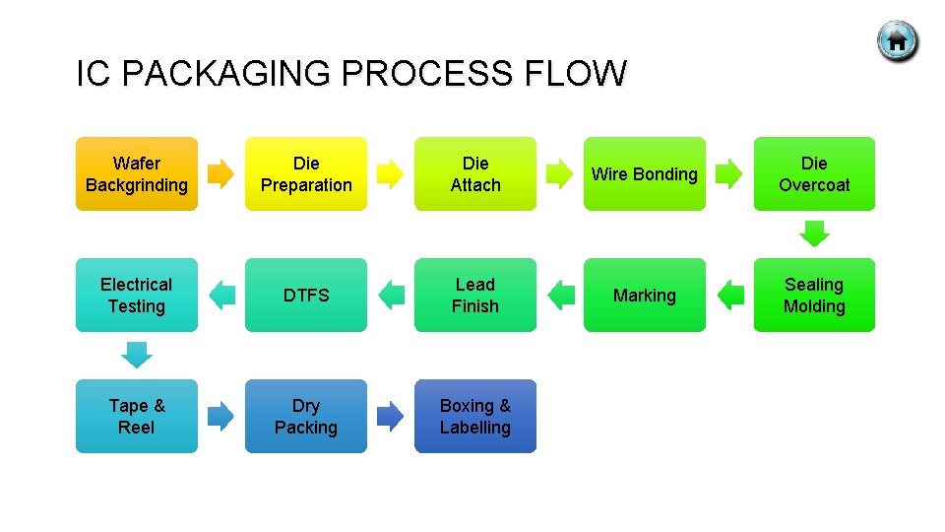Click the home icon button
coord(897,41)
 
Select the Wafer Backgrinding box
coord(137,173)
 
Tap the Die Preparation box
coord(306,173)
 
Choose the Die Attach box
coord(475,173)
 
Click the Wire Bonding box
coord(645,173)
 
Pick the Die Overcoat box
coord(814,173)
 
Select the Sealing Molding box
coord(814,295)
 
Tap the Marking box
coord(645,295)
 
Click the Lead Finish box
coord(475,295)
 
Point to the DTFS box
coord(306,295)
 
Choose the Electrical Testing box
coord(137,295)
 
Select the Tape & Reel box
coord(137,416)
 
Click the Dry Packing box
coord(306,416)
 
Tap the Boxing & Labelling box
coord(475,416)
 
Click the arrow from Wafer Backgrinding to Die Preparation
coord(221,174)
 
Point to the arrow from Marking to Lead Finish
coord(561,295)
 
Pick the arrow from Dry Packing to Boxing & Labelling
coord(391,416)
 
